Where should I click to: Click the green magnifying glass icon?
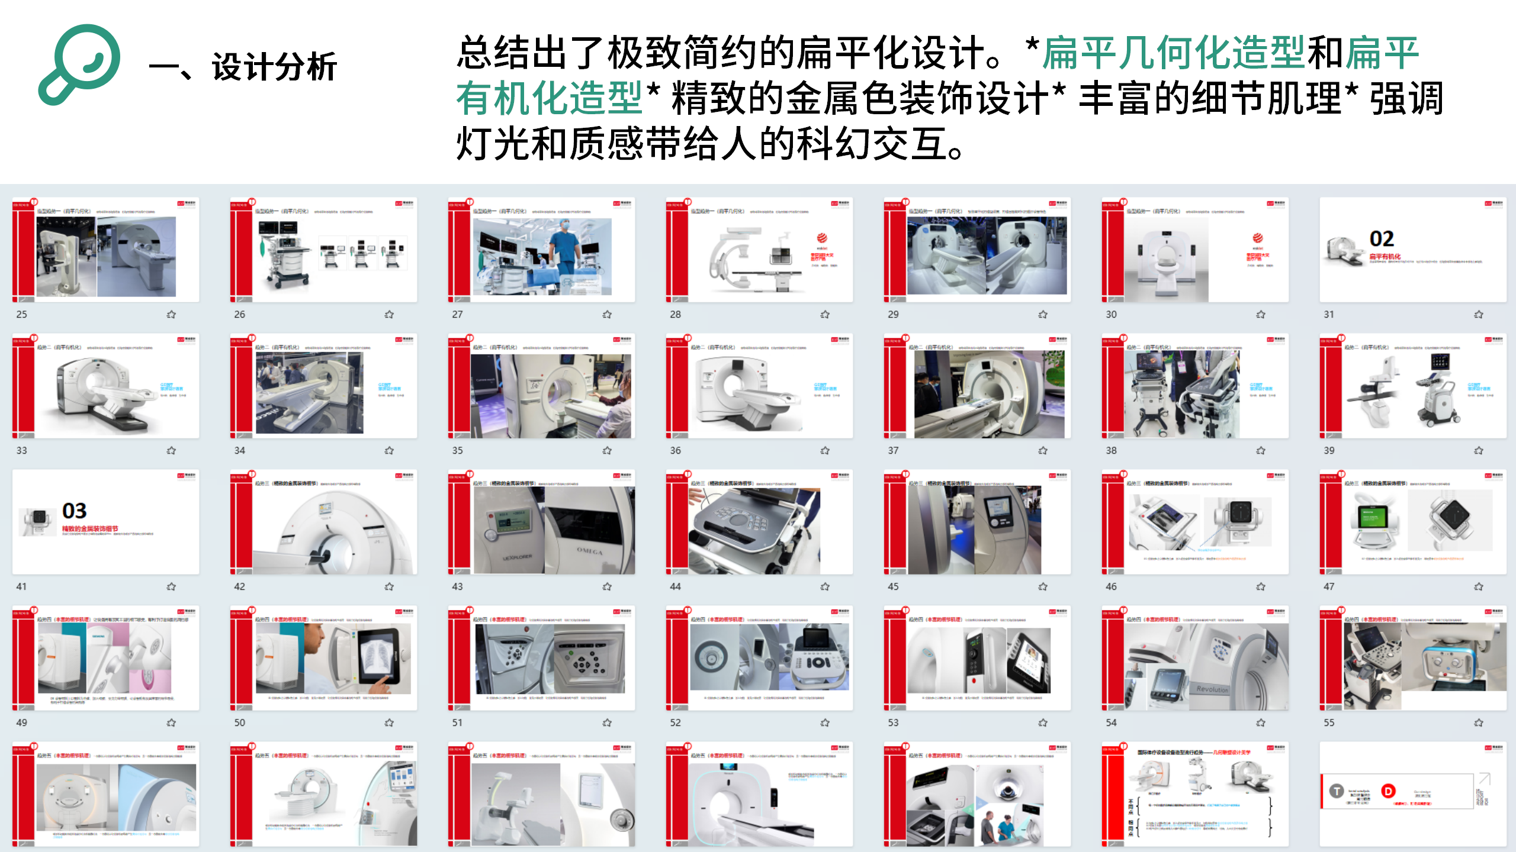[80, 64]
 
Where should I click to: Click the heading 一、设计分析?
[243, 66]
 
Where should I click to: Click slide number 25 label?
[21, 314]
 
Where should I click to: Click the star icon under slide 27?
[607, 314]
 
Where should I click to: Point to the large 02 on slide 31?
[1382, 238]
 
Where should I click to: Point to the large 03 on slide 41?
[75, 510]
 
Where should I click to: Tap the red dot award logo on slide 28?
[822, 238]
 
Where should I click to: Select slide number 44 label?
[675, 586]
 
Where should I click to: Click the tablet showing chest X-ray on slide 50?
[383, 657]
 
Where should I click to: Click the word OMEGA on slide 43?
[590, 551]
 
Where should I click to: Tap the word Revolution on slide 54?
[1212, 689]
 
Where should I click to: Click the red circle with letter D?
[1388, 791]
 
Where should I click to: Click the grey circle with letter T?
[1337, 791]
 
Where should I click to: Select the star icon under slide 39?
[1479, 450]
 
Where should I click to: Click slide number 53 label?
[893, 722]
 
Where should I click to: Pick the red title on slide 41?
[90, 528]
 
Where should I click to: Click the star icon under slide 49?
[171, 722]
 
